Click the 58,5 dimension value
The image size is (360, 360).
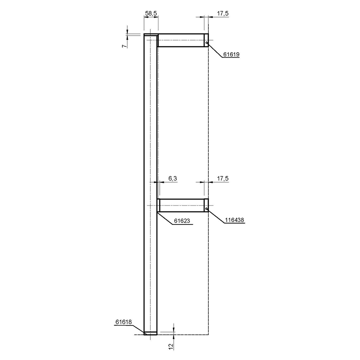pyautogui.click(x=151, y=13)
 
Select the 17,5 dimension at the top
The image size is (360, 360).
pyautogui.click(x=223, y=13)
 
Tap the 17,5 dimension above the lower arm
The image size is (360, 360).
pyautogui.click(x=223, y=178)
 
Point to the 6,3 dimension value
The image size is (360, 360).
pyautogui.click(x=173, y=178)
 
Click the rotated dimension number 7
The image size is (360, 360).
pyautogui.click(x=124, y=46)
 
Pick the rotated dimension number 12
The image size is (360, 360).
pyautogui.click(x=171, y=346)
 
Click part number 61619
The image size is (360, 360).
pyautogui.click(x=231, y=54)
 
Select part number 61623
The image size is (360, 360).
pyautogui.click(x=182, y=220)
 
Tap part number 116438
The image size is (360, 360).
pyautogui.click(x=234, y=220)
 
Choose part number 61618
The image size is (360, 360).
pyautogui.click(x=123, y=322)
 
